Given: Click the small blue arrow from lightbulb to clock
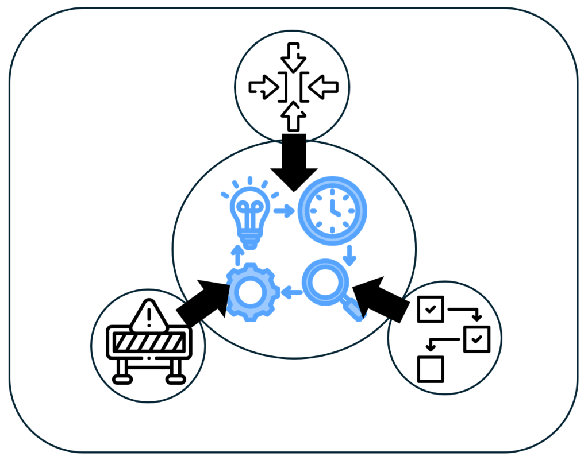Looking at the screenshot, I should pos(283,211).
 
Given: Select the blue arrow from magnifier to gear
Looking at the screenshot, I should pos(293,293).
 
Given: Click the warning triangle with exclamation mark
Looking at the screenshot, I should pos(149,315).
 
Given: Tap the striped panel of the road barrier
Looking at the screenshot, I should pos(148,343).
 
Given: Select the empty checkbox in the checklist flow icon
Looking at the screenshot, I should pos(431,368).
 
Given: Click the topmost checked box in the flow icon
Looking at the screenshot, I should pos(429,310).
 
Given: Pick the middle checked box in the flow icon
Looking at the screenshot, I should pos(476,339).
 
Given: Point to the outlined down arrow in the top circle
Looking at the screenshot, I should pos(294,57).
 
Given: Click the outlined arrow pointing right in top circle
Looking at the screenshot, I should pos(263,87).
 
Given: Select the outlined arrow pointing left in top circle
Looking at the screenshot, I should pos(324,87).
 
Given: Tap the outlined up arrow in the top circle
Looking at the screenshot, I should pos(294,117).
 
